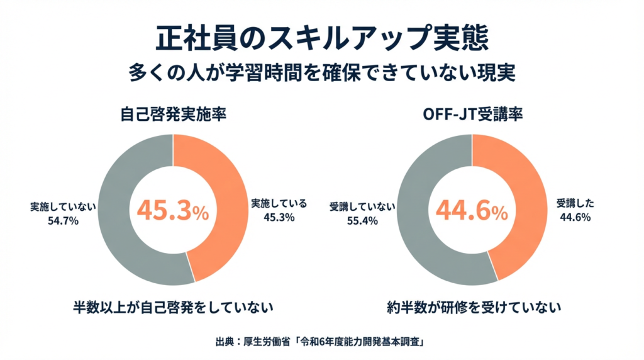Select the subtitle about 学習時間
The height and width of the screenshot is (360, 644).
[322, 72]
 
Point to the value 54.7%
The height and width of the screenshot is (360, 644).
[62, 221]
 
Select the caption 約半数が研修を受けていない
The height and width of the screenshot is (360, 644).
[473, 308]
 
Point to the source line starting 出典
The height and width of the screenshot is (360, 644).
[322, 342]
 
